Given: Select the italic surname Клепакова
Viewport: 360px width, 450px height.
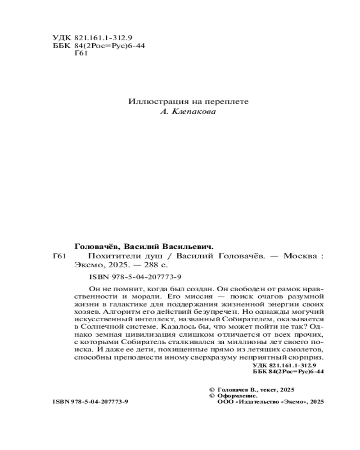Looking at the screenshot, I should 195,112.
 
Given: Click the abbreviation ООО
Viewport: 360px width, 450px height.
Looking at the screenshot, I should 225,402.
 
